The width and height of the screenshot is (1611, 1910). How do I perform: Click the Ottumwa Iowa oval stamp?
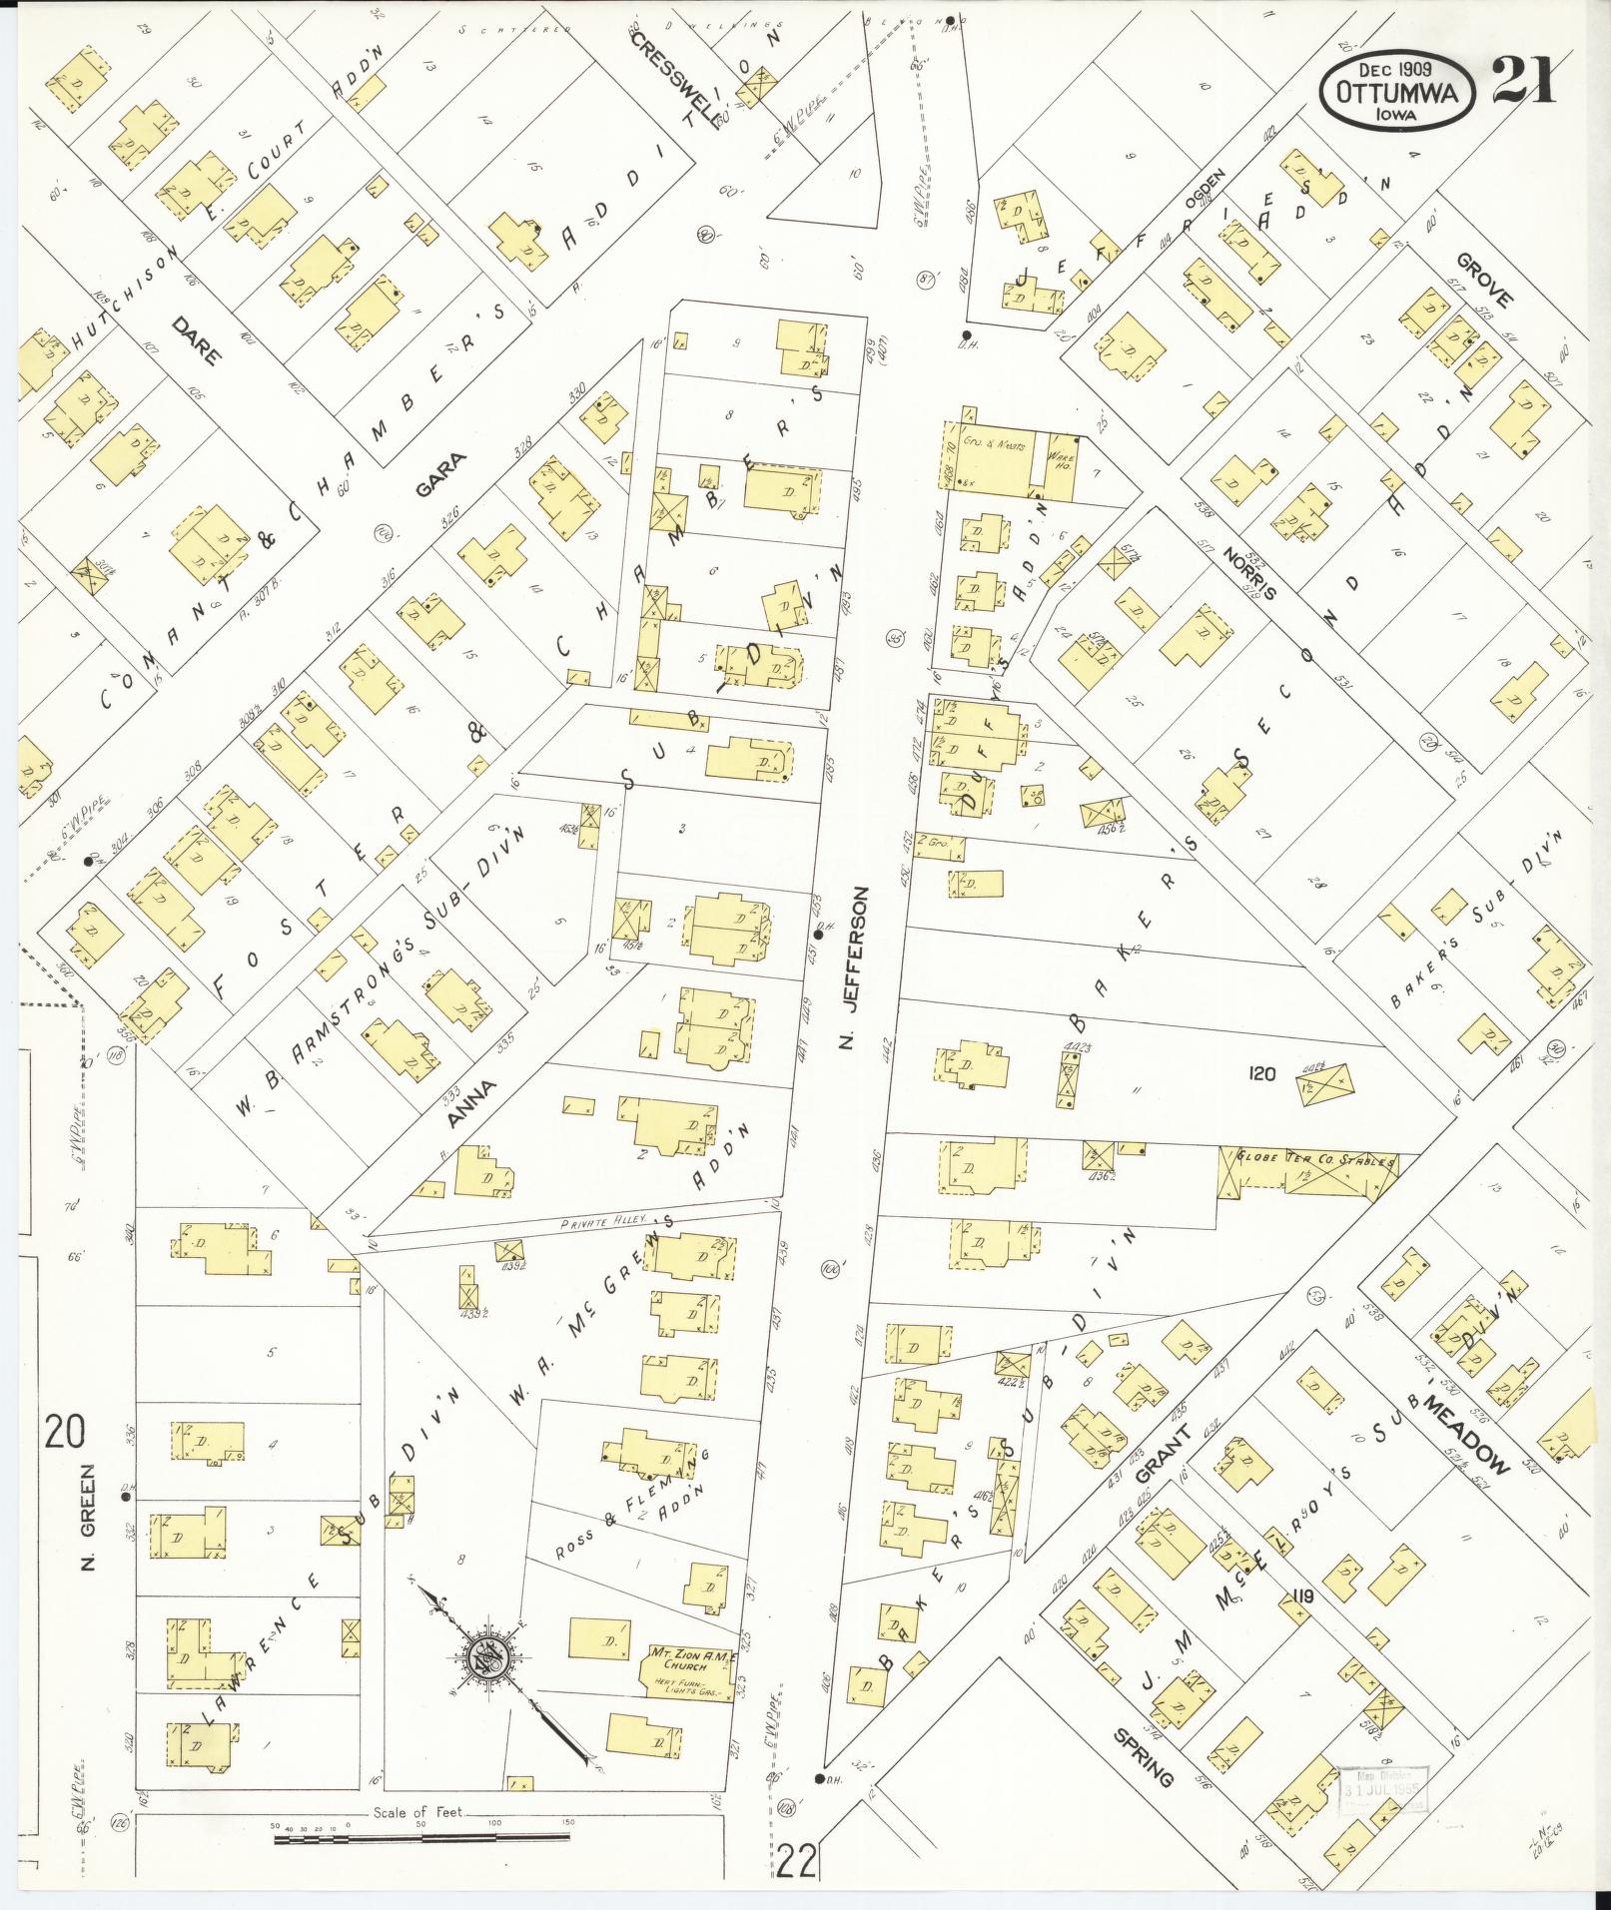point(1398,91)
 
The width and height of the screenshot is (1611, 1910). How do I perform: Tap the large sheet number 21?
point(1524,80)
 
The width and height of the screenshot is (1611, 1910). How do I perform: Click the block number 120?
point(1263,1074)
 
